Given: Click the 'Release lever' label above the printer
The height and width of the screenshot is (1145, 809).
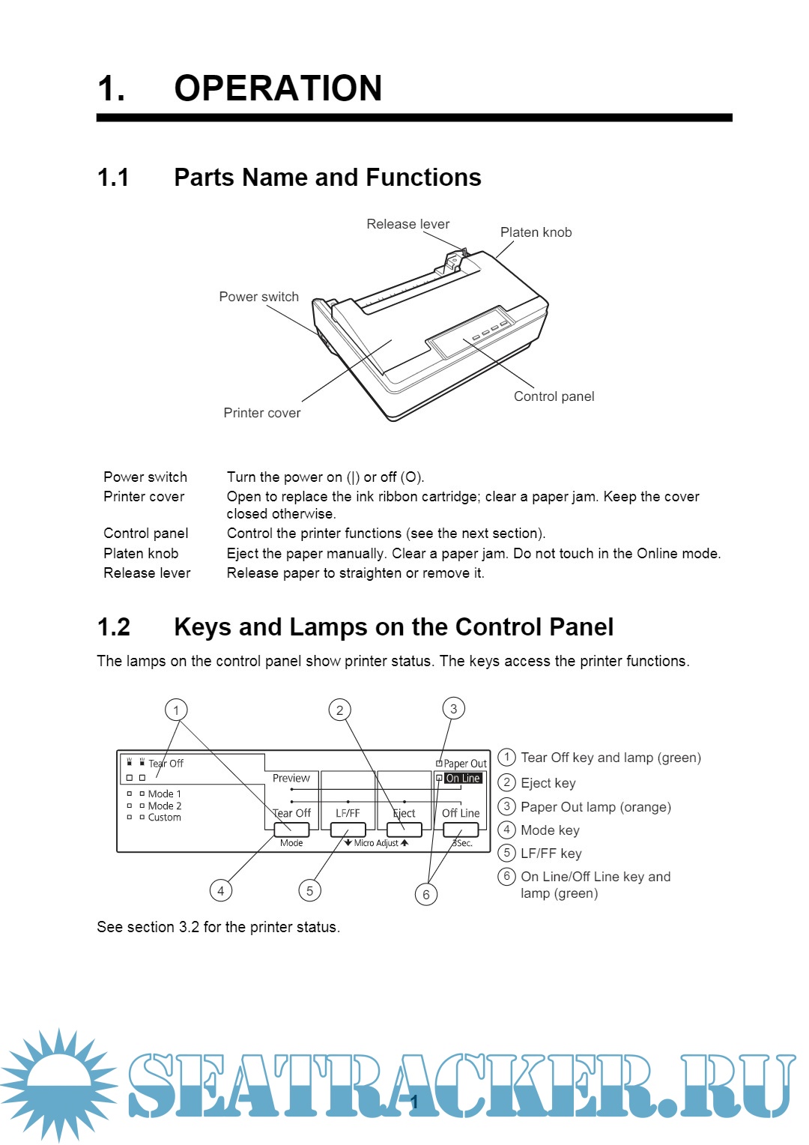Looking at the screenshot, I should point(407,224).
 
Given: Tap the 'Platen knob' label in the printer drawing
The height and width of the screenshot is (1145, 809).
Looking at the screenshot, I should point(536,232).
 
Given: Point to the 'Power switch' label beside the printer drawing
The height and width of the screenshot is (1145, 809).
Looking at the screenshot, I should point(258,297).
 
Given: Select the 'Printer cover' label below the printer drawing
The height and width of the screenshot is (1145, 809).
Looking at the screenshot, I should point(261,413).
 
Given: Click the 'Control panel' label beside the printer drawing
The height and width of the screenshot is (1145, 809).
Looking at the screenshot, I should point(554,396).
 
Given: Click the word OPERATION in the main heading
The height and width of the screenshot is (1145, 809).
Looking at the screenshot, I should point(278,88).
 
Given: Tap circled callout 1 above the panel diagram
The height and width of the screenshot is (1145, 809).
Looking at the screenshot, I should point(176,710).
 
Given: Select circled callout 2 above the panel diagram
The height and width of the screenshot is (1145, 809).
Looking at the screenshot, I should point(340,710).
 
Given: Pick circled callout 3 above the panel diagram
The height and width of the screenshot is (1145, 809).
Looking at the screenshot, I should point(453,708).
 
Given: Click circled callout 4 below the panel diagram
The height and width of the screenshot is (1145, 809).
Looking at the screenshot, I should point(220,890).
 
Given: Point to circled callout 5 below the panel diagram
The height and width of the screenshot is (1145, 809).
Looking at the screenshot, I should point(309,890).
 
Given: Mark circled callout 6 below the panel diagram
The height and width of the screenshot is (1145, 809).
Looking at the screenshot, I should point(426,894).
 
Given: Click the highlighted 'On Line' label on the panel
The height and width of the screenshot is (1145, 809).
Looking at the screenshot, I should point(463,779).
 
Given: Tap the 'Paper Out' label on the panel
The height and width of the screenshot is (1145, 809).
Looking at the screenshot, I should point(464,764).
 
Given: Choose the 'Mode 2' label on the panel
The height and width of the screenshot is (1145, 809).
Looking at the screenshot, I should point(164,806).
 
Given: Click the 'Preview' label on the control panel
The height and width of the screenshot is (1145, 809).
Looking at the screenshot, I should point(291,779).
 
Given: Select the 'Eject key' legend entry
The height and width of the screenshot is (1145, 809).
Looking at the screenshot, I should point(548,783).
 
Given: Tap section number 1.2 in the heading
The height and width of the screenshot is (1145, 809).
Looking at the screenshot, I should point(114,627).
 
